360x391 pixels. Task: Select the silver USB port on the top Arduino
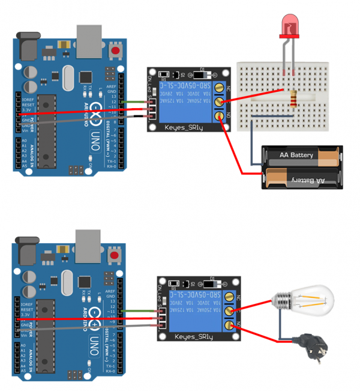tap(88, 40)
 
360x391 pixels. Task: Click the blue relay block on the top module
tap(190, 98)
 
